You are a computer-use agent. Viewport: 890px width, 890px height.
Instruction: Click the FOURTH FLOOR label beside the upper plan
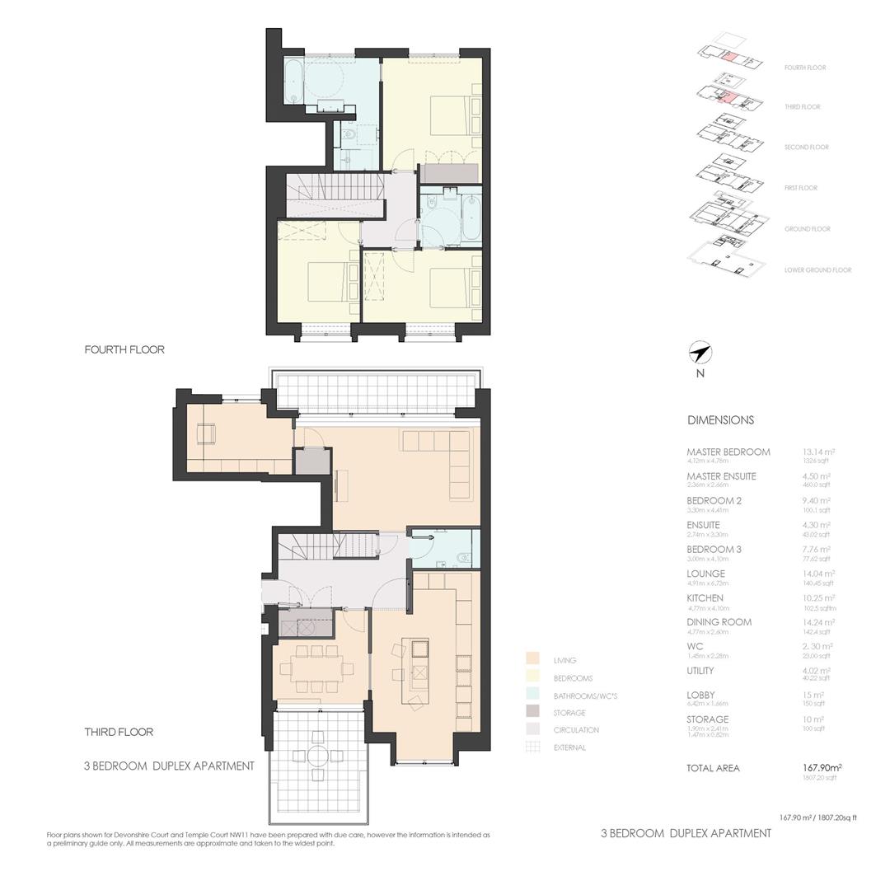click(x=124, y=349)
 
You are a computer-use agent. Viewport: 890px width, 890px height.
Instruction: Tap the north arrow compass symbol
click(x=700, y=354)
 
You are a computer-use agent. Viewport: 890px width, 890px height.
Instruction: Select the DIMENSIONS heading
click(x=720, y=420)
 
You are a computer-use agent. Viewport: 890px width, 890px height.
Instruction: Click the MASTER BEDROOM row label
click(x=728, y=452)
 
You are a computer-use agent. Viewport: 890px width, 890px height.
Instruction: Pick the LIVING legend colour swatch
click(x=533, y=659)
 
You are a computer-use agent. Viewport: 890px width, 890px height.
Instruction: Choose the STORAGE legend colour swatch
click(x=533, y=712)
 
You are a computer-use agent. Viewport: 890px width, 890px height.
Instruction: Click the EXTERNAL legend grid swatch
click(x=533, y=747)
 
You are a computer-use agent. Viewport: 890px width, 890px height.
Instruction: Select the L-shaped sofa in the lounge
click(x=449, y=461)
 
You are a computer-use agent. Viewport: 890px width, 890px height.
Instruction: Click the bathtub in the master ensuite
click(x=293, y=82)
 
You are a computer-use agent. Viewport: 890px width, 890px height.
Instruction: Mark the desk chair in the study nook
click(x=206, y=433)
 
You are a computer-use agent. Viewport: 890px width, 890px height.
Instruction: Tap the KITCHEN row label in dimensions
click(x=705, y=598)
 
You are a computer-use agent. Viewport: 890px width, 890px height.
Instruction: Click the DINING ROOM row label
click(x=719, y=622)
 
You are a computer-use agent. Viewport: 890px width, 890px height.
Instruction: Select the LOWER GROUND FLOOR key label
click(x=817, y=270)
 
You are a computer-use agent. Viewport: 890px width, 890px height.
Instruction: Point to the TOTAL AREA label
click(x=713, y=768)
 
